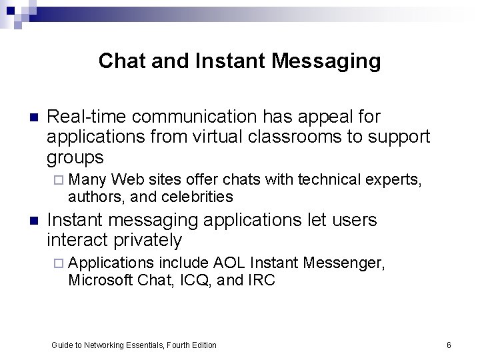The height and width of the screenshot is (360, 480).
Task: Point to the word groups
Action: [x=75, y=157]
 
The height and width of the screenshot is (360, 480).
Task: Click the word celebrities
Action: [x=199, y=196]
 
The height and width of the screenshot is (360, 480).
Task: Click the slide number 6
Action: [x=449, y=345]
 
